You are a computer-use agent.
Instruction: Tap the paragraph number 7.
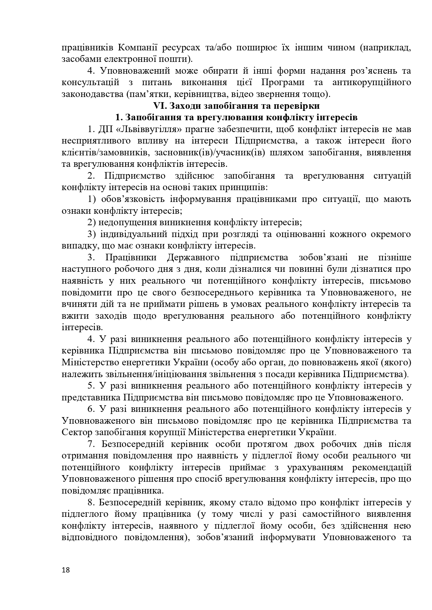[91, 444]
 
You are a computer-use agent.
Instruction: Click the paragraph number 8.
[91, 502]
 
